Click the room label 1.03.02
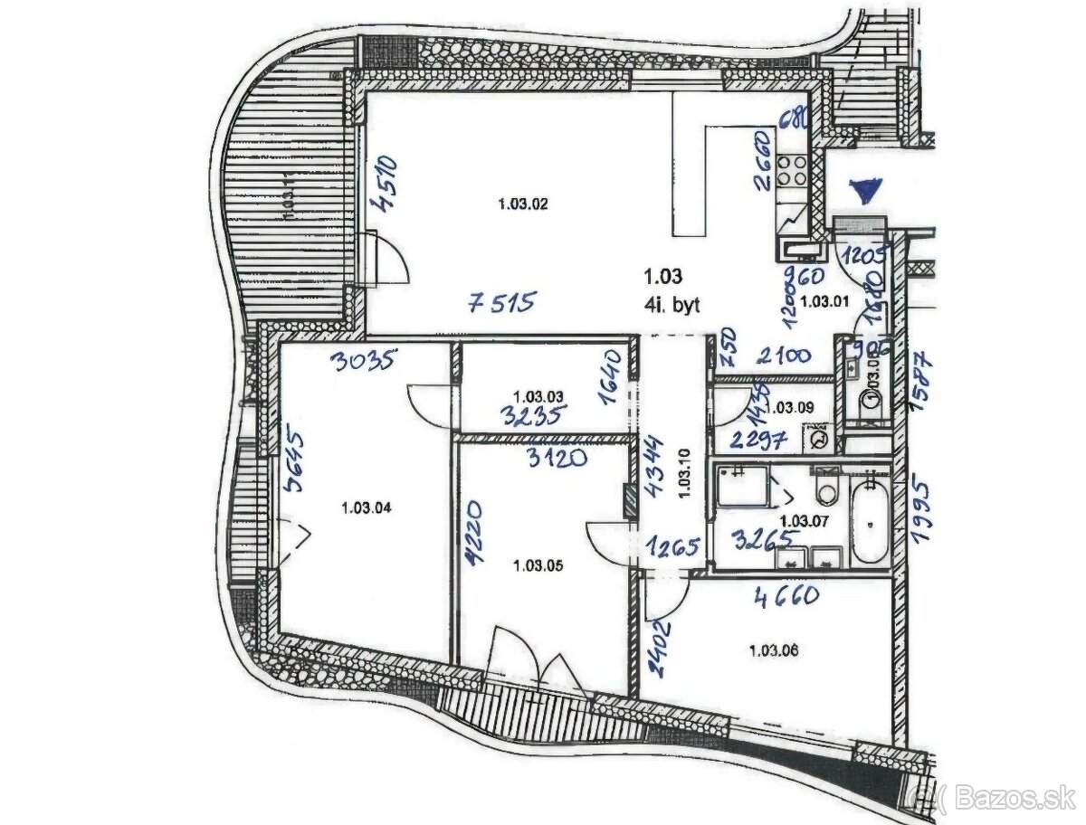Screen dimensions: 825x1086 click(x=523, y=204)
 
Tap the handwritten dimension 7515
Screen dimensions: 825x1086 click(x=502, y=301)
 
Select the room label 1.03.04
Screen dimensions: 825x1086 click(x=367, y=507)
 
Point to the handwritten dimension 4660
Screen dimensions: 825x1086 click(x=786, y=595)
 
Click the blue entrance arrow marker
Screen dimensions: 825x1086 click(x=865, y=191)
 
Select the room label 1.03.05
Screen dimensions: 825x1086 click(x=537, y=566)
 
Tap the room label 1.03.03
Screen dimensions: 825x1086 click(x=538, y=396)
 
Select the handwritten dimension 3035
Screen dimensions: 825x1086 click(x=363, y=362)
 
